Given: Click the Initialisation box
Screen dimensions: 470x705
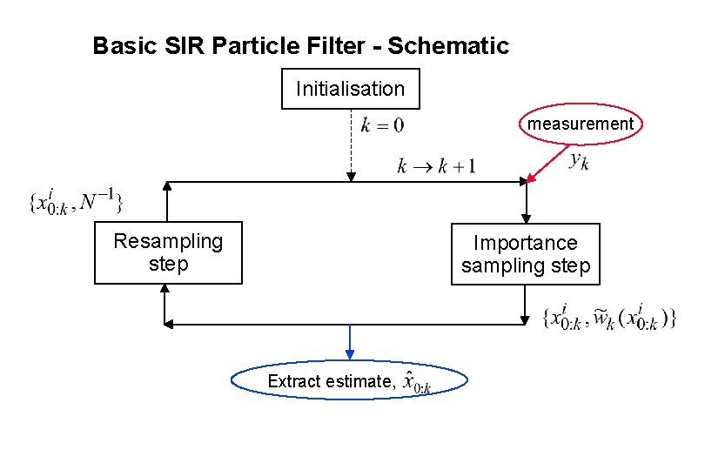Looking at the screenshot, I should click(350, 89).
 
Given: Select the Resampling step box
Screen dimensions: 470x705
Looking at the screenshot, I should click(168, 252).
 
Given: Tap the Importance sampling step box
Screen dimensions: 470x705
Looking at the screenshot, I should click(526, 253).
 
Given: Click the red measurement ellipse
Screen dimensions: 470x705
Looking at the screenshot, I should click(581, 124).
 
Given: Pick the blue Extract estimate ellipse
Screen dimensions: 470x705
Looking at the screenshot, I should click(350, 381).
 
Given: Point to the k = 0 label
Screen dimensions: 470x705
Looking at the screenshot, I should click(382, 125).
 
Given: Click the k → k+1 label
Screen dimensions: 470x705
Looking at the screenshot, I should click(436, 165).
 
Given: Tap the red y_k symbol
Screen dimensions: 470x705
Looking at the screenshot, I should click(578, 160).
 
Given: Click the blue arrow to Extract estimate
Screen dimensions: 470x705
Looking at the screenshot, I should click(350, 341).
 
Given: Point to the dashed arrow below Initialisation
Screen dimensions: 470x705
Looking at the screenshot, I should click(350, 144).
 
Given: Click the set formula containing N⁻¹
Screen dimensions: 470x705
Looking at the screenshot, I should click(76, 203).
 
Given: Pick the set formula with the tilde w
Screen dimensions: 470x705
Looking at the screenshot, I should click(608, 316).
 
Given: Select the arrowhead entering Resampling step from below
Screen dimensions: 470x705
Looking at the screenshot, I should click(164, 291).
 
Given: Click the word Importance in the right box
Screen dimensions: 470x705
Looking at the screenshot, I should click(526, 243).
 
